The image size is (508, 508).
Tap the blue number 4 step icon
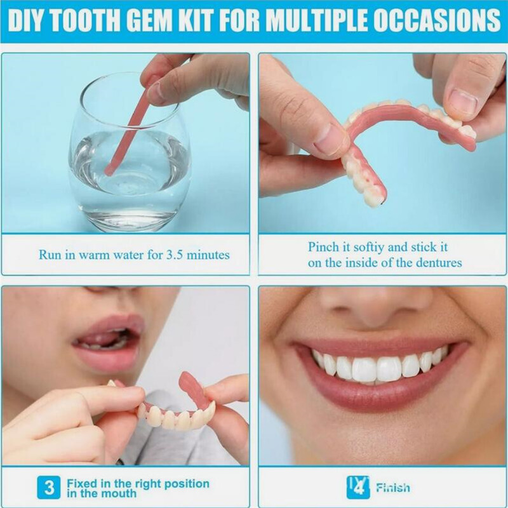click(x=358, y=487)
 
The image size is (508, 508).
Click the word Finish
click(x=392, y=488)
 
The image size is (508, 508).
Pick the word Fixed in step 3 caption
click(x=81, y=483)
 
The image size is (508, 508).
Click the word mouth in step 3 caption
click(x=119, y=493)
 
